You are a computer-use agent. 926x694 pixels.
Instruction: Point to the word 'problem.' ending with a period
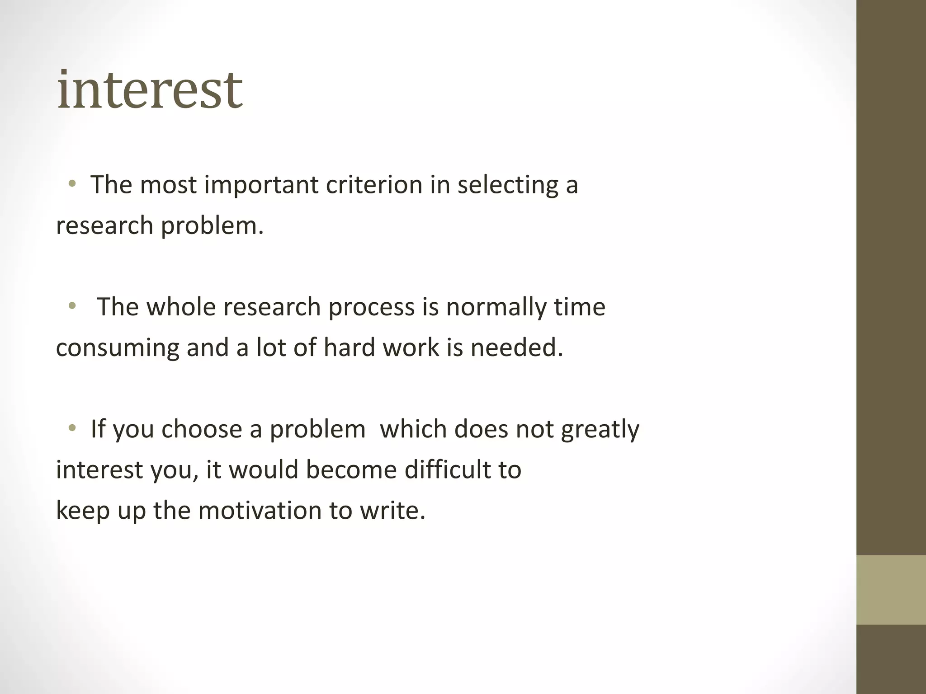[212, 225]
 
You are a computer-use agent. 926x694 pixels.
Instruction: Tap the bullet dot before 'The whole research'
[72, 306]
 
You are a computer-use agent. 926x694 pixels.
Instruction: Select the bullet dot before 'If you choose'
[72, 428]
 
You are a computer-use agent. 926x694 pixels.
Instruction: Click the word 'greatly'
[600, 430]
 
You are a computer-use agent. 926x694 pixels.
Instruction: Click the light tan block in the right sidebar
[891, 590]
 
